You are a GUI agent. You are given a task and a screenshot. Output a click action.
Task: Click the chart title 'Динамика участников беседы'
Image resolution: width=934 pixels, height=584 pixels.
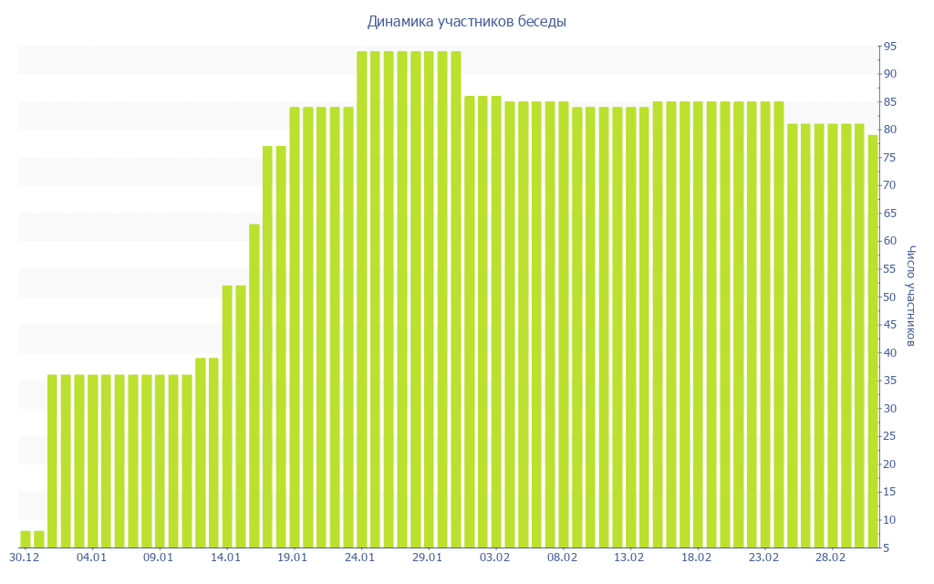[x=466, y=21]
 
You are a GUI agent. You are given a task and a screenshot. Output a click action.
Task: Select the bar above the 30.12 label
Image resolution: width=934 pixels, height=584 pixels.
[x=26, y=538]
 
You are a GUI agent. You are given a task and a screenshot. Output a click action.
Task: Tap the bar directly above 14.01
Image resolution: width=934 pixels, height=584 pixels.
[x=227, y=416]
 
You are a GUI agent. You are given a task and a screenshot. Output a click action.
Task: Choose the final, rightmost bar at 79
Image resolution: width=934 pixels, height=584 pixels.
[x=873, y=341]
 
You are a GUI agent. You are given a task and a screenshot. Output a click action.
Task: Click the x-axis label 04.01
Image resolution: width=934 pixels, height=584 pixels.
[x=91, y=557]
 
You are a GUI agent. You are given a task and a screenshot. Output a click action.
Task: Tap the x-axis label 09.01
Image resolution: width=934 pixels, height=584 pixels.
[x=159, y=557]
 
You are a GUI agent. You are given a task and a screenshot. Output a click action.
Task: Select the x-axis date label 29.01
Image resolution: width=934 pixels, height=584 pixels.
[x=428, y=557]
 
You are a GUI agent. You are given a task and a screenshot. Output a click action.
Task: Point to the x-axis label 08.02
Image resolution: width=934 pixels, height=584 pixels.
[x=562, y=557]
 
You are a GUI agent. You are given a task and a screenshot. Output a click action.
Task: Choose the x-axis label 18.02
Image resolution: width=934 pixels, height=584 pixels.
[x=697, y=557]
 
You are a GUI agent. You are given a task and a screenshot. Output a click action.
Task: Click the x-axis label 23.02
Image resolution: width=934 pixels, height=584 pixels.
[x=764, y=557]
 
